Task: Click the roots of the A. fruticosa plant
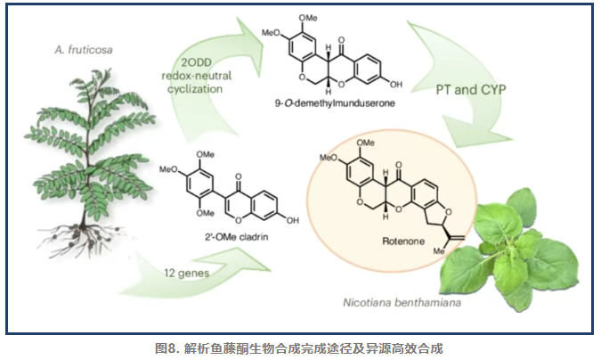pyautogui.click(x=89, y=236)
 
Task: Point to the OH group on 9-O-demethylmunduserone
pyautogui.click(x=395, y=85)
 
